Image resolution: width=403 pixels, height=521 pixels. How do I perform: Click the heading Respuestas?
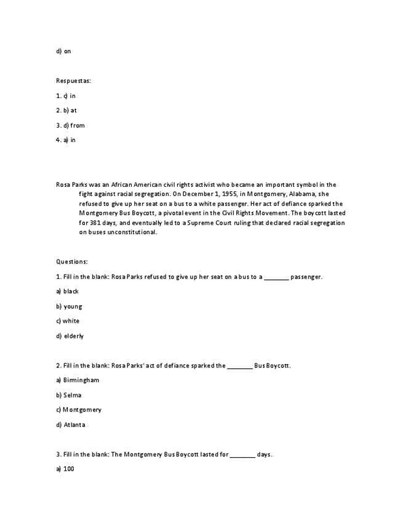73,81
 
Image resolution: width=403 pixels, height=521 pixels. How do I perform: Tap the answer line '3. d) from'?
70,125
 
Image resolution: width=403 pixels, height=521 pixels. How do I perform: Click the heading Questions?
71,262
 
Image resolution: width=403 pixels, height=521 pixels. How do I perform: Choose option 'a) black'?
67,291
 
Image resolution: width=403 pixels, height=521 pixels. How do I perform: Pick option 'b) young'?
69,306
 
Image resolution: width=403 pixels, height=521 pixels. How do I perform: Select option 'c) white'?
68,321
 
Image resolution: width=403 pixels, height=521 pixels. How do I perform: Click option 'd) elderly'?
70,336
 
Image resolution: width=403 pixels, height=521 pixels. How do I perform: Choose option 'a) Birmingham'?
78,380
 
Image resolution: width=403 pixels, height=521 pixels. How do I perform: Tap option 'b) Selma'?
68,395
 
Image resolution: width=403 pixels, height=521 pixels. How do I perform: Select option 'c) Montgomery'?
79,410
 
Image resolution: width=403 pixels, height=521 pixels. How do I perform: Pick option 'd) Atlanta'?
70,425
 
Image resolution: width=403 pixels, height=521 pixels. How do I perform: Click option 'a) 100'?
65,469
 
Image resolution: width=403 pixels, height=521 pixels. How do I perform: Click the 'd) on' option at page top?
63,51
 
